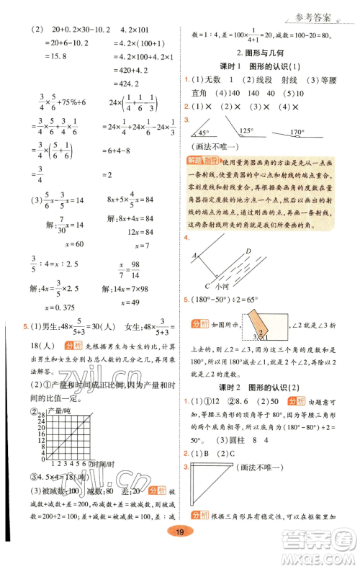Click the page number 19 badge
(x=180, y=552)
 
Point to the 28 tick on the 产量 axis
(x=44, y=418)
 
